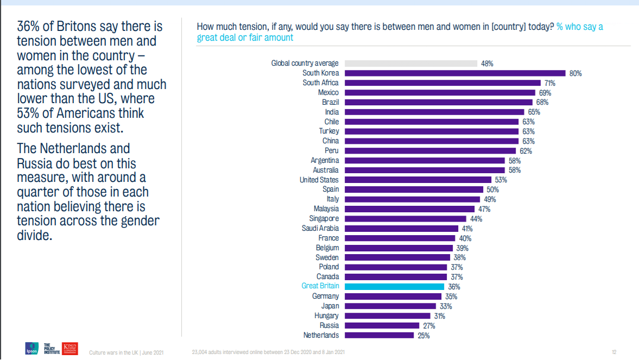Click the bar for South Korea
click(455, 73)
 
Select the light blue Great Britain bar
click(394, 286)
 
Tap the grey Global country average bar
click(411, 64)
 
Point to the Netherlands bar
click(379, 335)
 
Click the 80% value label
click(575, 73)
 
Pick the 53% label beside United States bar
click(501, 180)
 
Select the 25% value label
click(423, 336)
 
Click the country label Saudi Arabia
click(320, 228)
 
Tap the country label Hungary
click(326, 315)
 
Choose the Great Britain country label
click(320, 286)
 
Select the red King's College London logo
click(71, 348)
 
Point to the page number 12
click(614, 352)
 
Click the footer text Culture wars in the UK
click(113, 352)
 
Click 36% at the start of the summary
click(30, 26)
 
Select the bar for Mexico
click(439, 92)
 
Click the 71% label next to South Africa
click(549, 83)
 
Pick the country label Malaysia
click(326, 209)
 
